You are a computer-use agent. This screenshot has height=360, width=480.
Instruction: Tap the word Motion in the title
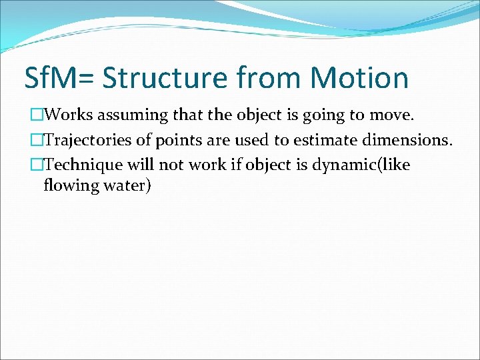pyautogui.click(x=359, y=78)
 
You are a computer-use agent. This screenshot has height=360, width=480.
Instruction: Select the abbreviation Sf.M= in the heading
pyautogui.click(x=60, y=78)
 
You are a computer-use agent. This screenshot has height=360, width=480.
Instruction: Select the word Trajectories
pyautogui.click(x=87, y=140)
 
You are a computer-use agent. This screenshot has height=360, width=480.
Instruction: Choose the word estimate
pyautogui.click(x=323, y=140)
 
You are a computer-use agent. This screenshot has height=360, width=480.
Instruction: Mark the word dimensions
pyautogui.click(x=407, y=140)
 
